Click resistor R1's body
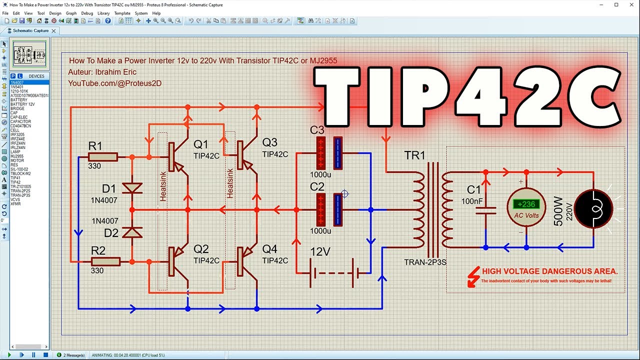[103, 157]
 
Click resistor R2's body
[105, 261]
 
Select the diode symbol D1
[132, 188]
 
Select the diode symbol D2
[132, 232]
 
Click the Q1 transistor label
[200, 144]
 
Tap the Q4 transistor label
[269, 249]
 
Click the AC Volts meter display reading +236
[526, 204]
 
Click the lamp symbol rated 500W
[593, 209]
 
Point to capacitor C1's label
[474, 189]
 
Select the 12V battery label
[320, 252]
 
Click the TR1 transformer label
[414, 155]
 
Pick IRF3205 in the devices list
[17, 134]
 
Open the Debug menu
[87, 13]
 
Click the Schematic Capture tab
[30, 30]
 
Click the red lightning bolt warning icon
[472, 276]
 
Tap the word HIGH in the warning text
[492, 271]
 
